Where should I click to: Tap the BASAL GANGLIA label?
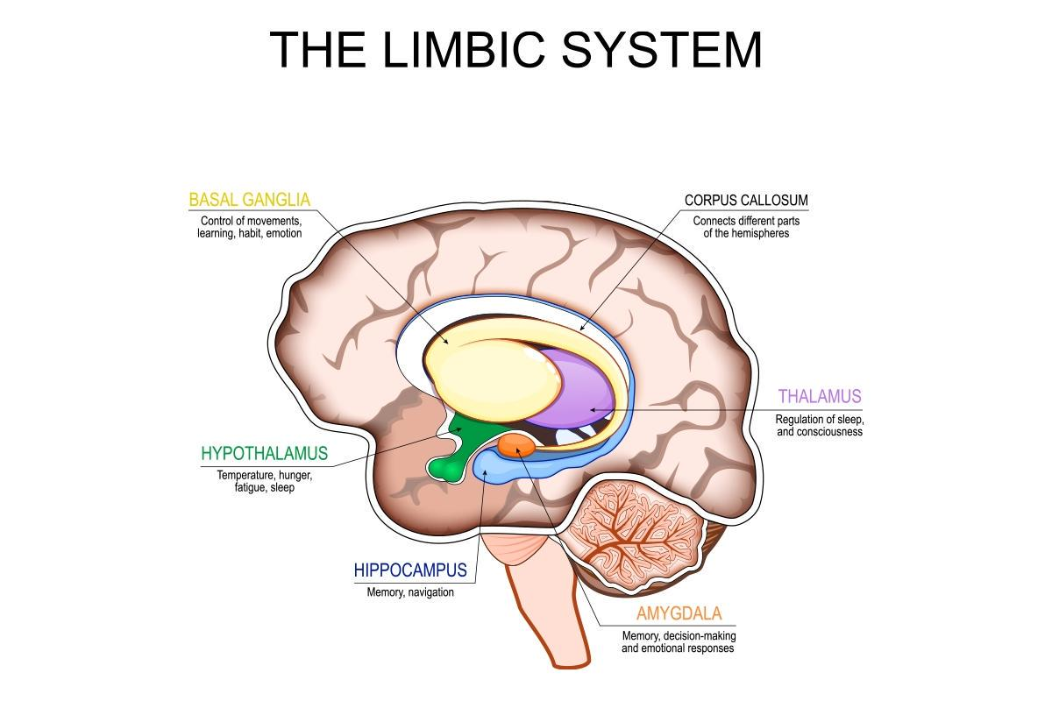[x=249, y=200]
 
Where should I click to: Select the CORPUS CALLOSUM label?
[x=746, y=200]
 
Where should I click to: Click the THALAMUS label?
[x=820, y=396]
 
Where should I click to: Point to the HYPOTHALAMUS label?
[x=265, y=453]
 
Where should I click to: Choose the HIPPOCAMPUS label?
[x=410, y=570]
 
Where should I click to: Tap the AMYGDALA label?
[x=679, y=613]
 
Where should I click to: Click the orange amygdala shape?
[x=515, y=445]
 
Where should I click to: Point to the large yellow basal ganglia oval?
[x=492, y=379]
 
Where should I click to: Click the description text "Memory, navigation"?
[x=410, y=592]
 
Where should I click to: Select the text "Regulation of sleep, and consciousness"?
[x=820, y=425]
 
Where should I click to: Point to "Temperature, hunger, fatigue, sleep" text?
[x=265, y=481]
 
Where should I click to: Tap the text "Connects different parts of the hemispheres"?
[x=746, y=227]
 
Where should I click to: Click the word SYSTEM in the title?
[x=661, y=49]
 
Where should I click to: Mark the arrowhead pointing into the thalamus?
[x=594, y=410]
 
